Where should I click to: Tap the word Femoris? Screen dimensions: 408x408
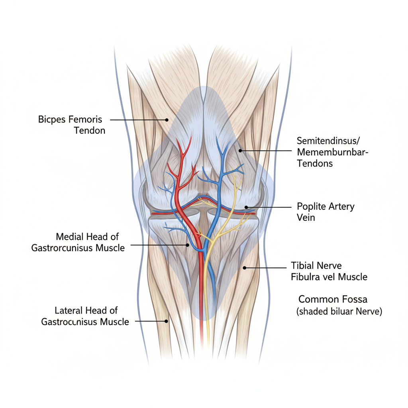[85, 119]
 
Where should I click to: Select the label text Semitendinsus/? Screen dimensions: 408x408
[328, 141]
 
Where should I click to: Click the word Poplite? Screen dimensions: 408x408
[312, 206]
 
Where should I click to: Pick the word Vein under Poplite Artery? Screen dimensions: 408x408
[306, 218]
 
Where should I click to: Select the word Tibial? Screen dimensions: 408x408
[304, 265]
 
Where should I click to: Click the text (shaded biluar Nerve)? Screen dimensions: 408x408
[339, 312]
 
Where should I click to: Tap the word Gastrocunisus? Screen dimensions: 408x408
[69, 322]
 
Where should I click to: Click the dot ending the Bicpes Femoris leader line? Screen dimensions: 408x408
[167, 120]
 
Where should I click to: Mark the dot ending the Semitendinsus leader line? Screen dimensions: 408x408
[240, 151]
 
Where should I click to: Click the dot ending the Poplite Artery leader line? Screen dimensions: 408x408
[246, 207]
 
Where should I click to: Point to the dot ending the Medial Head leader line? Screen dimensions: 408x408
[187, 245]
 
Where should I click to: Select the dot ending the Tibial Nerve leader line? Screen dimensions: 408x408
[245, 268]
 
